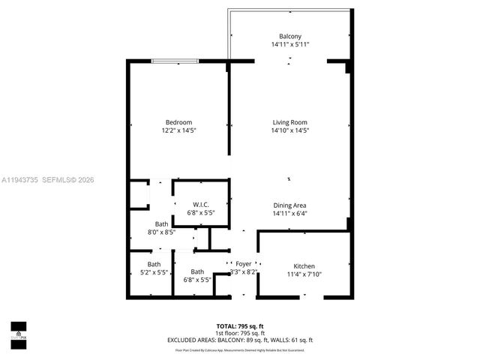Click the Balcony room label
coord(289,36)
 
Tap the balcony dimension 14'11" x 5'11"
coord(289,45)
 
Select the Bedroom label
coord(178,122)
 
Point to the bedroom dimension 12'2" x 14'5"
coord(178,130)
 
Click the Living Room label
coord(289,122)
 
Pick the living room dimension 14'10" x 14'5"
coord(289,130)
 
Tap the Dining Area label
coord(289,205)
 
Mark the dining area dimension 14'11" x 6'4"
coord(289,213)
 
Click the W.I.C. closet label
coord(200,205)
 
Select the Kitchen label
coord(304,266)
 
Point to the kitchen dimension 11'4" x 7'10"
coord(304,274)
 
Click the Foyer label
coord(244,264)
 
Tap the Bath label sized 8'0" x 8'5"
coord(161,223)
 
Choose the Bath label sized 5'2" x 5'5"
coord(154,264)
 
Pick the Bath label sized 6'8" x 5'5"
coord(197,271)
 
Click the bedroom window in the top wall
coord(175,60)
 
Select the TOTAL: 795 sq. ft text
coord(239,325)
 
